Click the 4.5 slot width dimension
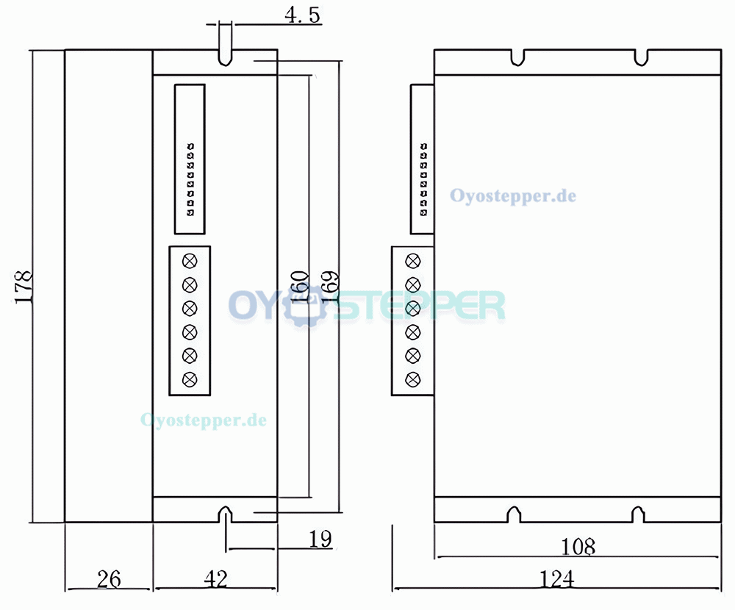point(302,16)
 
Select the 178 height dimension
point(24,287)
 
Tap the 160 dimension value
point(300,287)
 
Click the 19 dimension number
point(319,539)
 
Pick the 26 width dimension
point(108,579)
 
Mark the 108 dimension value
point(578,547)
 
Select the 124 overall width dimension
point(556,579)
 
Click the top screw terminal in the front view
point(190,260)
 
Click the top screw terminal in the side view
point(413,260)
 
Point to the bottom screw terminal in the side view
point(413,379)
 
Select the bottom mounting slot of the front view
point(226,514)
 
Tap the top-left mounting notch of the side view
point(519,56)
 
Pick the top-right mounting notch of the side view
point(641,56)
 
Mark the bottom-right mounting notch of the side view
point(638,514)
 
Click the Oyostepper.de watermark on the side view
point(513,196)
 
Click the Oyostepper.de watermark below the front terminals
point(204,420)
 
